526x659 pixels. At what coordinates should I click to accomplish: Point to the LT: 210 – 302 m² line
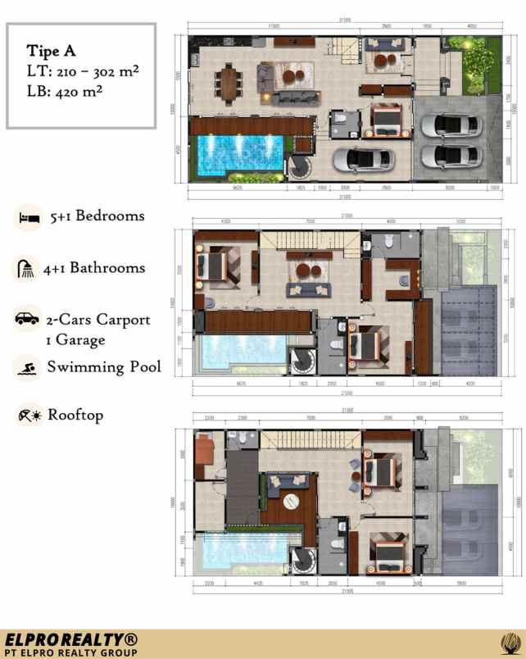coord(82,70)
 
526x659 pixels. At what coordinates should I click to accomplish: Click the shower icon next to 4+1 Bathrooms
coord(28,268)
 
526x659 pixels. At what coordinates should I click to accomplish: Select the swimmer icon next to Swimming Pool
coord(28,367)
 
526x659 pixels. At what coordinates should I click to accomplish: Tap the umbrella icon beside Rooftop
coord(28,416)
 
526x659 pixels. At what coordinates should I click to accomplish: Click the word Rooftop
coord(75,415)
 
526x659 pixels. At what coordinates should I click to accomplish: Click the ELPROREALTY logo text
coord(71,639)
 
